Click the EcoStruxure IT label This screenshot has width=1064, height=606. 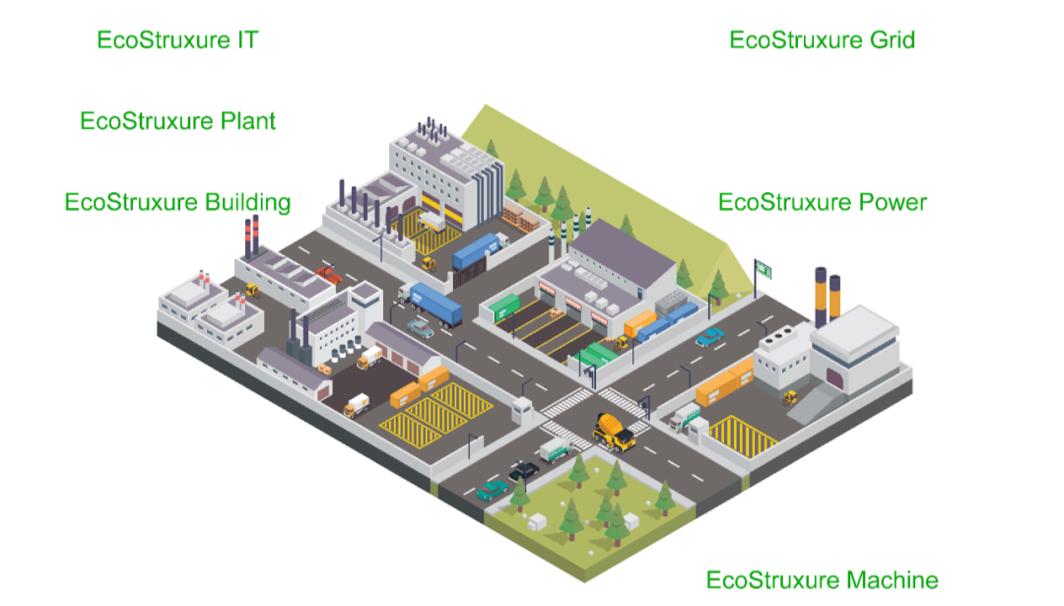[x=177, y=40]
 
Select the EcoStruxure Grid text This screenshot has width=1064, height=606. [x=822, y=40]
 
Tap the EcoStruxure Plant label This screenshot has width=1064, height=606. [x=177, y=121]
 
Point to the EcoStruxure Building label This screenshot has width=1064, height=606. [x=177, y=202]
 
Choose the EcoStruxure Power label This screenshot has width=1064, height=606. [x=822, y=202]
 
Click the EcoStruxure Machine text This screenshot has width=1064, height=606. [x=822, y=579]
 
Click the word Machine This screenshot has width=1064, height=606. [x=891, y=579]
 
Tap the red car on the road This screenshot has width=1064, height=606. [x=329, y=274]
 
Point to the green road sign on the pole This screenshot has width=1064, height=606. [x=763, y=269]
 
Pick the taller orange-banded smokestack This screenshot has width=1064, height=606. [x=820, y=296]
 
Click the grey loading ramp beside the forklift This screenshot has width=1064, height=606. [x=818, y=399]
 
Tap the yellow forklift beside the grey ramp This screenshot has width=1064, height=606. [x=789, y=397]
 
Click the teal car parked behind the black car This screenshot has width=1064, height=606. [x=492, y=489]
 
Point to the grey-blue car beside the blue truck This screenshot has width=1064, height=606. [x=421, y=328]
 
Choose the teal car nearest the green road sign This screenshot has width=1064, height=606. [x=709, y=338]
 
